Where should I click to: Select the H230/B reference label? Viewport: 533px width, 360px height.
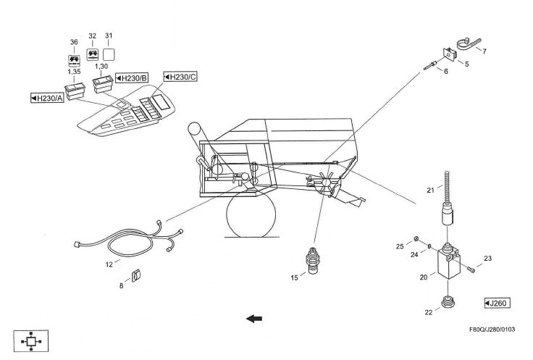coord(131,78)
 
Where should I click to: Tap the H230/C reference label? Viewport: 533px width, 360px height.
coord(180,76)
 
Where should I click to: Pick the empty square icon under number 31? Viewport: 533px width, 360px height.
coord(110,54)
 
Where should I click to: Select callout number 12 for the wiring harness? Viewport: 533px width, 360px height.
coord(109,264)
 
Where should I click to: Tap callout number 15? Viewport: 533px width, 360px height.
coord(293,277)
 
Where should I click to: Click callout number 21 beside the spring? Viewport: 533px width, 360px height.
coord(429,190)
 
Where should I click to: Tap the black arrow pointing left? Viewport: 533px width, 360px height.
coord(254,318)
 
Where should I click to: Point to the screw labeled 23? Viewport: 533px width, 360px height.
coord(472,269)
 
